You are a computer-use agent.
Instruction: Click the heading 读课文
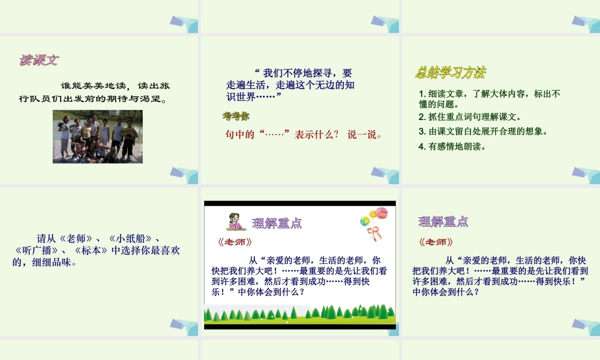tap(39, 60)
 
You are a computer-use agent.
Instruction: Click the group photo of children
tap(98, 136)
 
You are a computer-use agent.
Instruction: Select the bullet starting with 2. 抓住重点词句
tap(470, 117)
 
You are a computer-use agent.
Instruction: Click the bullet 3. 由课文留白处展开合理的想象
tap(483, 131)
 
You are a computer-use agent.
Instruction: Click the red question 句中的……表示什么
tap(304, 135)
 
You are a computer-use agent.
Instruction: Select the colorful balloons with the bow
tap(374, 222)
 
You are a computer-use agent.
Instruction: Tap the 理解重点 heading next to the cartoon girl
tap(277, 223)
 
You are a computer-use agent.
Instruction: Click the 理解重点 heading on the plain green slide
tap(443, 221)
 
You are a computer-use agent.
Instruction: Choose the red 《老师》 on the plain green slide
tap(435, 242)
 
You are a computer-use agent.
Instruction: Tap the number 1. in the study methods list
tap(422, 94)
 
